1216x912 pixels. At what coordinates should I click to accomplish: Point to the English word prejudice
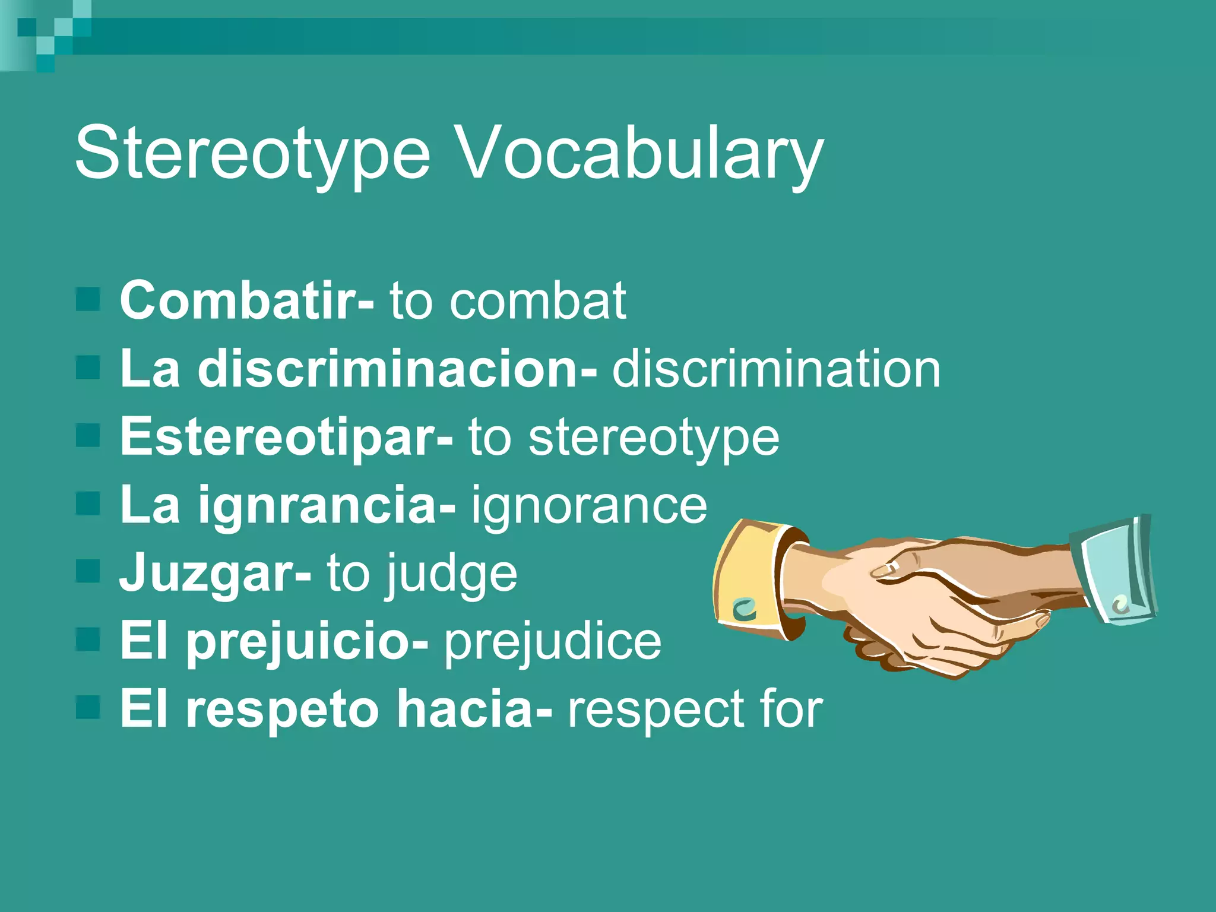[x=552, y=642]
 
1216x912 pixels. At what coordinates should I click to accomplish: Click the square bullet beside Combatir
[x=88, y=299]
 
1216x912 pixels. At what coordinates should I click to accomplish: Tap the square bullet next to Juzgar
[x=88, y=572]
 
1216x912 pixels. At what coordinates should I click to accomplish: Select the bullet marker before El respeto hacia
[x=88, y=708]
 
